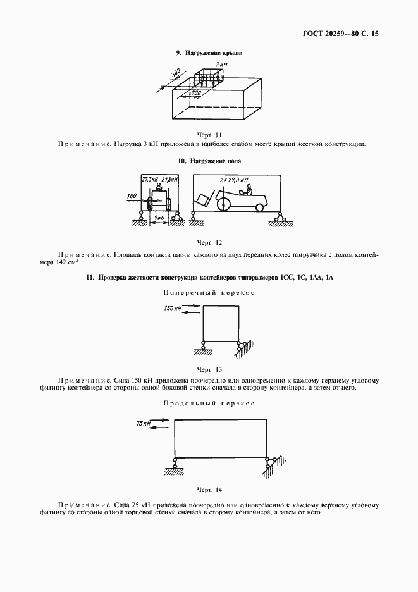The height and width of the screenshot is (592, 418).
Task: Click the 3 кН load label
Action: [220, 65]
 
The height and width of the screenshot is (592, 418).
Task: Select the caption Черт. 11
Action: [209, 135]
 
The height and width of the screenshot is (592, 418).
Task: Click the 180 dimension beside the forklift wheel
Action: [132, 197]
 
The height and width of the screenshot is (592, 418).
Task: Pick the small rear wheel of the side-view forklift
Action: [259, 207]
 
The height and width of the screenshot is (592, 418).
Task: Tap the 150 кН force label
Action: [173, 308]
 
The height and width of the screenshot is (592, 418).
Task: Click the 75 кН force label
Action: [143, 423]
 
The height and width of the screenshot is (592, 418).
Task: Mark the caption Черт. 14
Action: [209, 490]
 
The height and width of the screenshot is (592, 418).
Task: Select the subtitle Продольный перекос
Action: [209, 403]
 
